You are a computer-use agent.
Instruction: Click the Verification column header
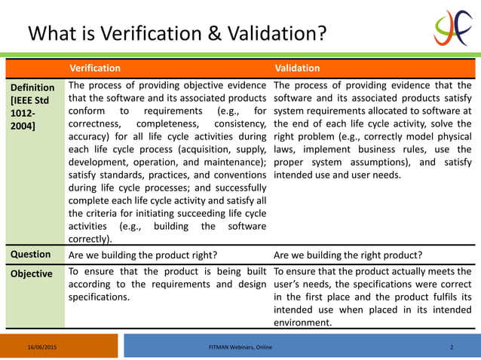click(95, 69)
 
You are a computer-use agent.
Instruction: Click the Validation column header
click(297, 69)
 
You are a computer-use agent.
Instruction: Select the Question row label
click(30, 255)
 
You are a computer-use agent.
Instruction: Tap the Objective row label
click(32, 274)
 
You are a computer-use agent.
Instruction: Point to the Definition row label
click(32, 88)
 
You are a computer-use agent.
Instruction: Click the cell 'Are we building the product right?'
click(142, 255)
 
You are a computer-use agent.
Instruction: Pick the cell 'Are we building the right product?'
click(348, 255)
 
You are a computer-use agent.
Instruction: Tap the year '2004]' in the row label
click(23, 124)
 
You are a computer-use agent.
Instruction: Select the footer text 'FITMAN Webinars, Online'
click(240, 346)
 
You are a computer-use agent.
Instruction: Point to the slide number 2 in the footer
click(451, 346)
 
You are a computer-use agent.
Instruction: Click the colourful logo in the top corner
click(452, 29)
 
